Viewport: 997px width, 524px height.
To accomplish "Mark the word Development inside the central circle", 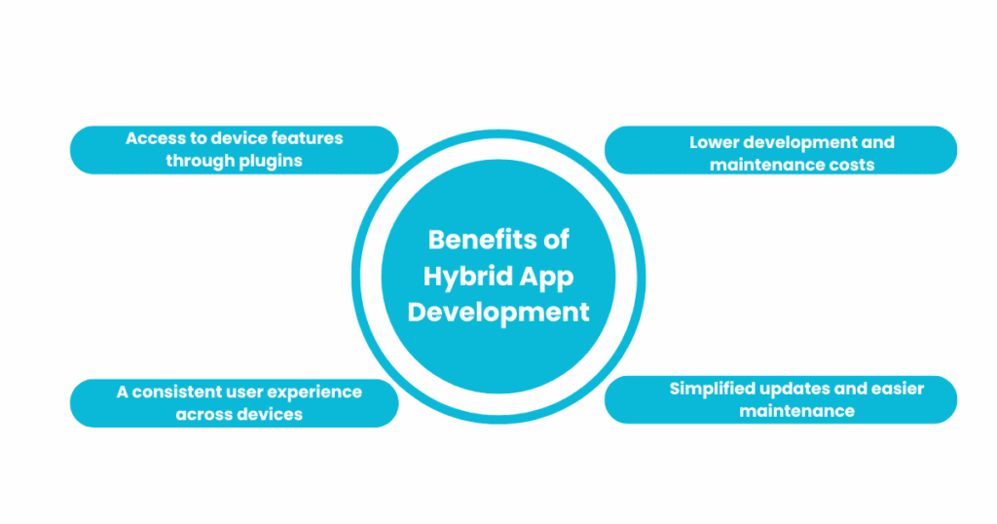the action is coord(498,313).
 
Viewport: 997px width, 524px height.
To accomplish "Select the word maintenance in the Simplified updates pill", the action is coord(796,411).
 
